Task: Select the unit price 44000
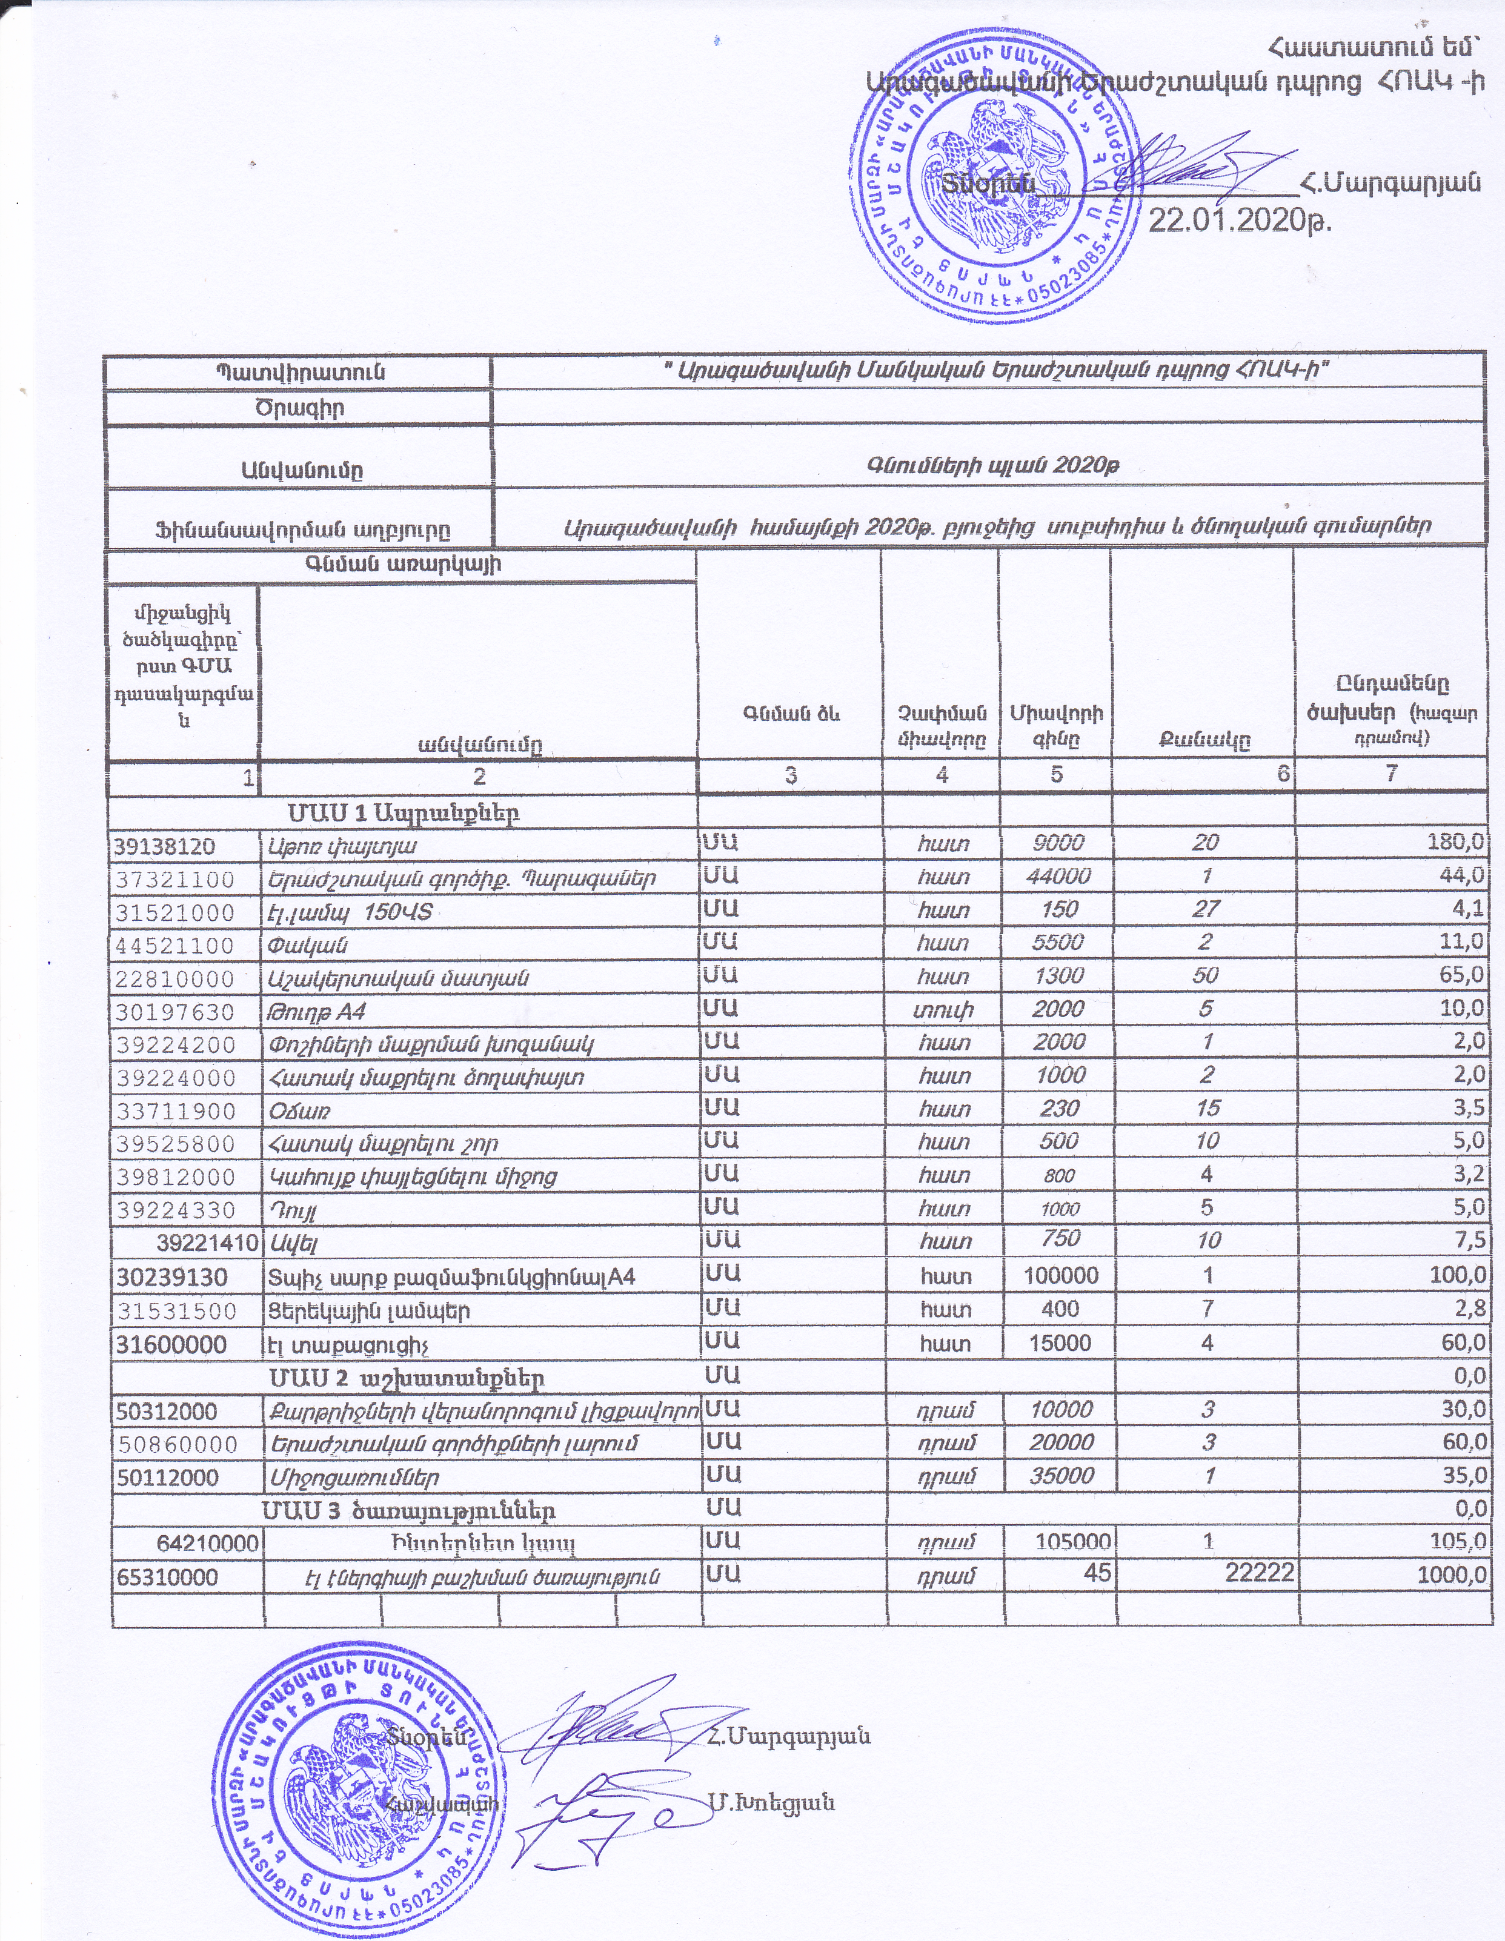(x=1058, y=877)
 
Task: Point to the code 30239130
(x=171, y=1278)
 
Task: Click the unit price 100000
(x=1060, y=1276)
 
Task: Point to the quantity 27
(x=1206, y=909)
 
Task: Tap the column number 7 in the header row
(x=1391, y=774)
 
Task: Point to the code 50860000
(x=177, y=1444)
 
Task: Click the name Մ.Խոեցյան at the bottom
(x=772, y=1803)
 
